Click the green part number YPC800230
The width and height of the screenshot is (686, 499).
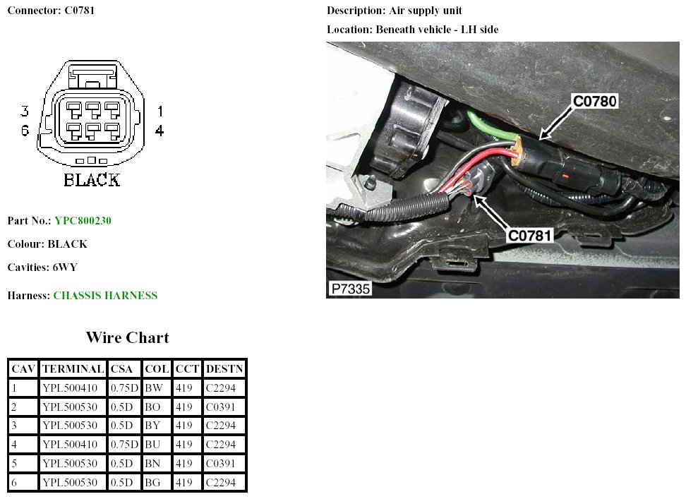coord(83,221)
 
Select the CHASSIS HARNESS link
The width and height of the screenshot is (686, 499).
coord(105,296)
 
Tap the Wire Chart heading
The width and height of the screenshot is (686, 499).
coord(127,337)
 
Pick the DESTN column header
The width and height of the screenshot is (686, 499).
coord(224,368)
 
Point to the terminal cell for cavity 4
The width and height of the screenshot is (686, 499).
coord(73,445)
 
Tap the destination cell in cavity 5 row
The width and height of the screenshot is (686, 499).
coord(224,464)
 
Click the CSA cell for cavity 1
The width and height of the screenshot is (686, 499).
coord(124,387)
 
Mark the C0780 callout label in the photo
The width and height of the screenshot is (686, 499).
coord(594,102)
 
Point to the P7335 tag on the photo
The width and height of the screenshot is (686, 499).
coord(350,289)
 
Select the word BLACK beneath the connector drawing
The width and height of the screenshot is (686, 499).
coord(92,180)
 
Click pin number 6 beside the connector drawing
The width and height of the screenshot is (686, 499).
coord(25,131)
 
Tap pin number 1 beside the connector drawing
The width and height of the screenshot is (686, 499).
coord(160,111)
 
